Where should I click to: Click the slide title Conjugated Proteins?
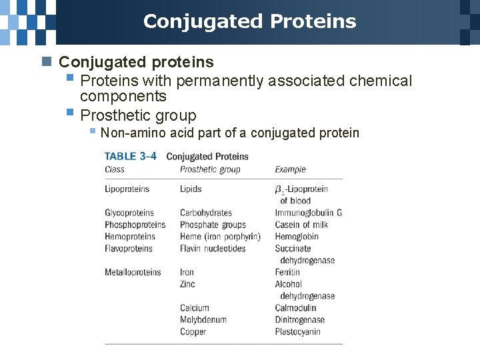coord(249,21)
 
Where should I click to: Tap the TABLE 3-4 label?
coord(131,157)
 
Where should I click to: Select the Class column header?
coord(115,169)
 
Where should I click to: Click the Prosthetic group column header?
coord(210,169)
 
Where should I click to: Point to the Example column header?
coord(291,169)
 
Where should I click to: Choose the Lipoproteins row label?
coord(127,189)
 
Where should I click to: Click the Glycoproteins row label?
coord(129,213)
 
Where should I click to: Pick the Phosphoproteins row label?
coord(135,225)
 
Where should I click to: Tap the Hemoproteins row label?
coord(130,237)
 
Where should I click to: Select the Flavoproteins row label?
coord(129,249)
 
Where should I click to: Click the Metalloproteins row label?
coord(133,272)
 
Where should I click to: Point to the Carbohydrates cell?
coord(206,213)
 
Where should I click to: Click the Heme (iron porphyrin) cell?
coord(220,237)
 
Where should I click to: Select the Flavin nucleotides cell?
coord(213,249)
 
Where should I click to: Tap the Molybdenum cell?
coord(203,320)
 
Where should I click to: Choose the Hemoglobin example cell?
coord(297,237)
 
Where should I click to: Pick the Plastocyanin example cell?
coord(299,332)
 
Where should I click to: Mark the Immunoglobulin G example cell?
coord(309,213)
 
